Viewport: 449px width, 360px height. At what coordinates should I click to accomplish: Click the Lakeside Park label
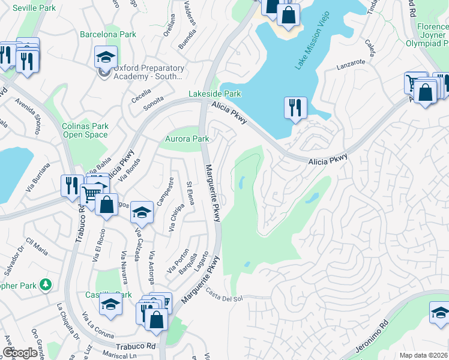click(x=215, y=94)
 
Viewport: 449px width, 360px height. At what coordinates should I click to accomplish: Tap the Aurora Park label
click(x=187, y=139)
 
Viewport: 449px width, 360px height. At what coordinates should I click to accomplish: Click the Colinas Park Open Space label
click(x=85, y=130)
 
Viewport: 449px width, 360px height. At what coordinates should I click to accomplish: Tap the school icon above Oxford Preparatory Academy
click(x=105, y=58)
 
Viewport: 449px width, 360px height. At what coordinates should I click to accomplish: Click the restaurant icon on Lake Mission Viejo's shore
click(x=295, y=108)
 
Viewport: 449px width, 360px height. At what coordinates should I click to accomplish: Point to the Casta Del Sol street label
click(x=224, y=295)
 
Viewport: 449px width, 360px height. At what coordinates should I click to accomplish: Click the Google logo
click(x=20, y=353)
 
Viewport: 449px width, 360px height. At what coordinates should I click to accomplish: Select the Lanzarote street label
click(x=351, y=62)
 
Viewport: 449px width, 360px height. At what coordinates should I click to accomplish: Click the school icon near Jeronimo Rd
click(x=439, y=313)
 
